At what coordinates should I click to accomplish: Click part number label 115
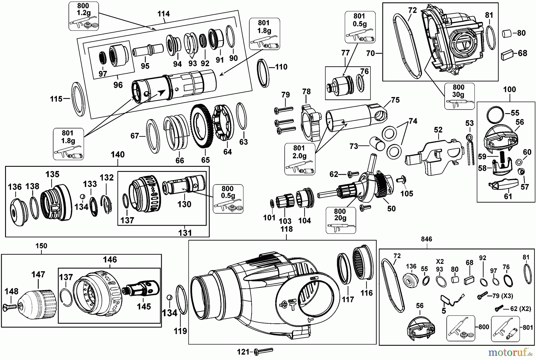56,99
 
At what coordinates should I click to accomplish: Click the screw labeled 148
10,307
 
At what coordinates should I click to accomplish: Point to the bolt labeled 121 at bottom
264,352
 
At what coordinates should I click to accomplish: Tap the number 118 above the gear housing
286,229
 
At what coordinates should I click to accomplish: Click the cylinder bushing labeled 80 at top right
507,33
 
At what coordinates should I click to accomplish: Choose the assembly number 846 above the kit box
426,239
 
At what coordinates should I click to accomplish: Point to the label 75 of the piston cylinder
395,100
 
